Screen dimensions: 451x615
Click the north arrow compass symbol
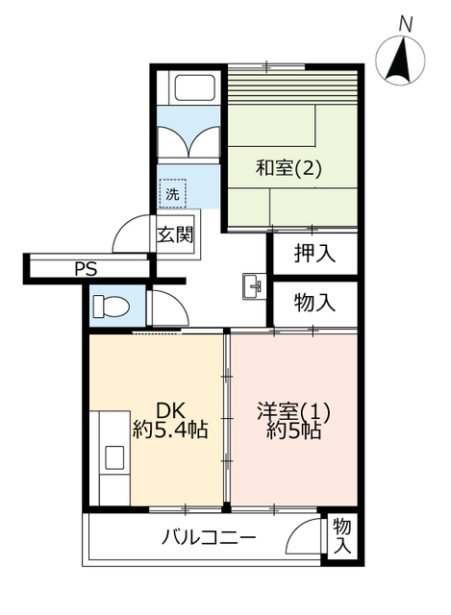(400, 60)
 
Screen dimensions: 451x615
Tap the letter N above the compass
(406, 25)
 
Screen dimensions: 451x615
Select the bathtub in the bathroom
(195, 87)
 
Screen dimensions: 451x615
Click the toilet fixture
(111, 306)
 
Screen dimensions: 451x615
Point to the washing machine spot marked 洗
(173, 194)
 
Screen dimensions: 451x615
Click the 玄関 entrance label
(175, 235)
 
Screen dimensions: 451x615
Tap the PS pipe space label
(86, 269)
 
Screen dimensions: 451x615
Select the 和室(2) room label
(288, 169)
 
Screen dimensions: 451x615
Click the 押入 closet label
(314, 254)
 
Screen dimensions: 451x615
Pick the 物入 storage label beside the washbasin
(314, 303)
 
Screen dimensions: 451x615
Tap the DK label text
(170, 410)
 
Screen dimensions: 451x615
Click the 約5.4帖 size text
(170, 430)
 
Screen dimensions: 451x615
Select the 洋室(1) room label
(293, 411)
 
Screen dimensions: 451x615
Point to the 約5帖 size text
(293, 430)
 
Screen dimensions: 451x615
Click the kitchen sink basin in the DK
(114, 457)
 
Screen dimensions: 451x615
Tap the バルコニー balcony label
(209, 537)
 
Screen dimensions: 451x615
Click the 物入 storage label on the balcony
(342, 536)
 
